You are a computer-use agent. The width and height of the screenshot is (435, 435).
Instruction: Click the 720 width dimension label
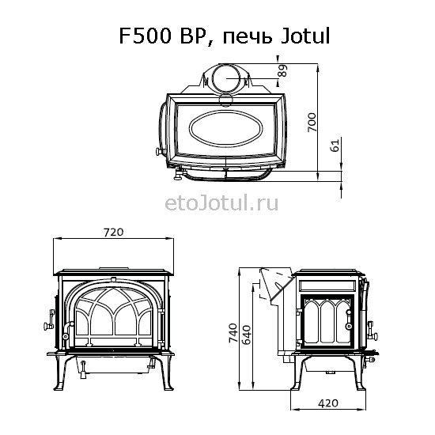click(x=113, y=232)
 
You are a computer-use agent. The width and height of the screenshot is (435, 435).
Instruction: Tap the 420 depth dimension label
click(x=328, y=403)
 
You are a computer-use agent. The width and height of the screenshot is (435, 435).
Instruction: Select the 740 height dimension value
click(x=233, y=333)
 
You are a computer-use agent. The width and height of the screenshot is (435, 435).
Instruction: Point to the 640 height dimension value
click(x=246, y=335)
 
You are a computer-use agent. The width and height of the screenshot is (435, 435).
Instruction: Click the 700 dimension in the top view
click(x=312, y=123)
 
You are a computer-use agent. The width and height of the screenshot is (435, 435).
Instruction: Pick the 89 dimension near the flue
click(x=282, y=70)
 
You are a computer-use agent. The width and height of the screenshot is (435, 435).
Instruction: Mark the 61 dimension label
click(x=335, y=145)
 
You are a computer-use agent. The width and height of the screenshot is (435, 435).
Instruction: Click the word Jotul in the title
click(x=305, y=36)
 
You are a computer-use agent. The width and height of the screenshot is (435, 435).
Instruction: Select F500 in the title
click(x=145, y=36)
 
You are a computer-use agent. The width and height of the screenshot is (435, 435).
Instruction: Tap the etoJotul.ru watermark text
click(x=221, y=203)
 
